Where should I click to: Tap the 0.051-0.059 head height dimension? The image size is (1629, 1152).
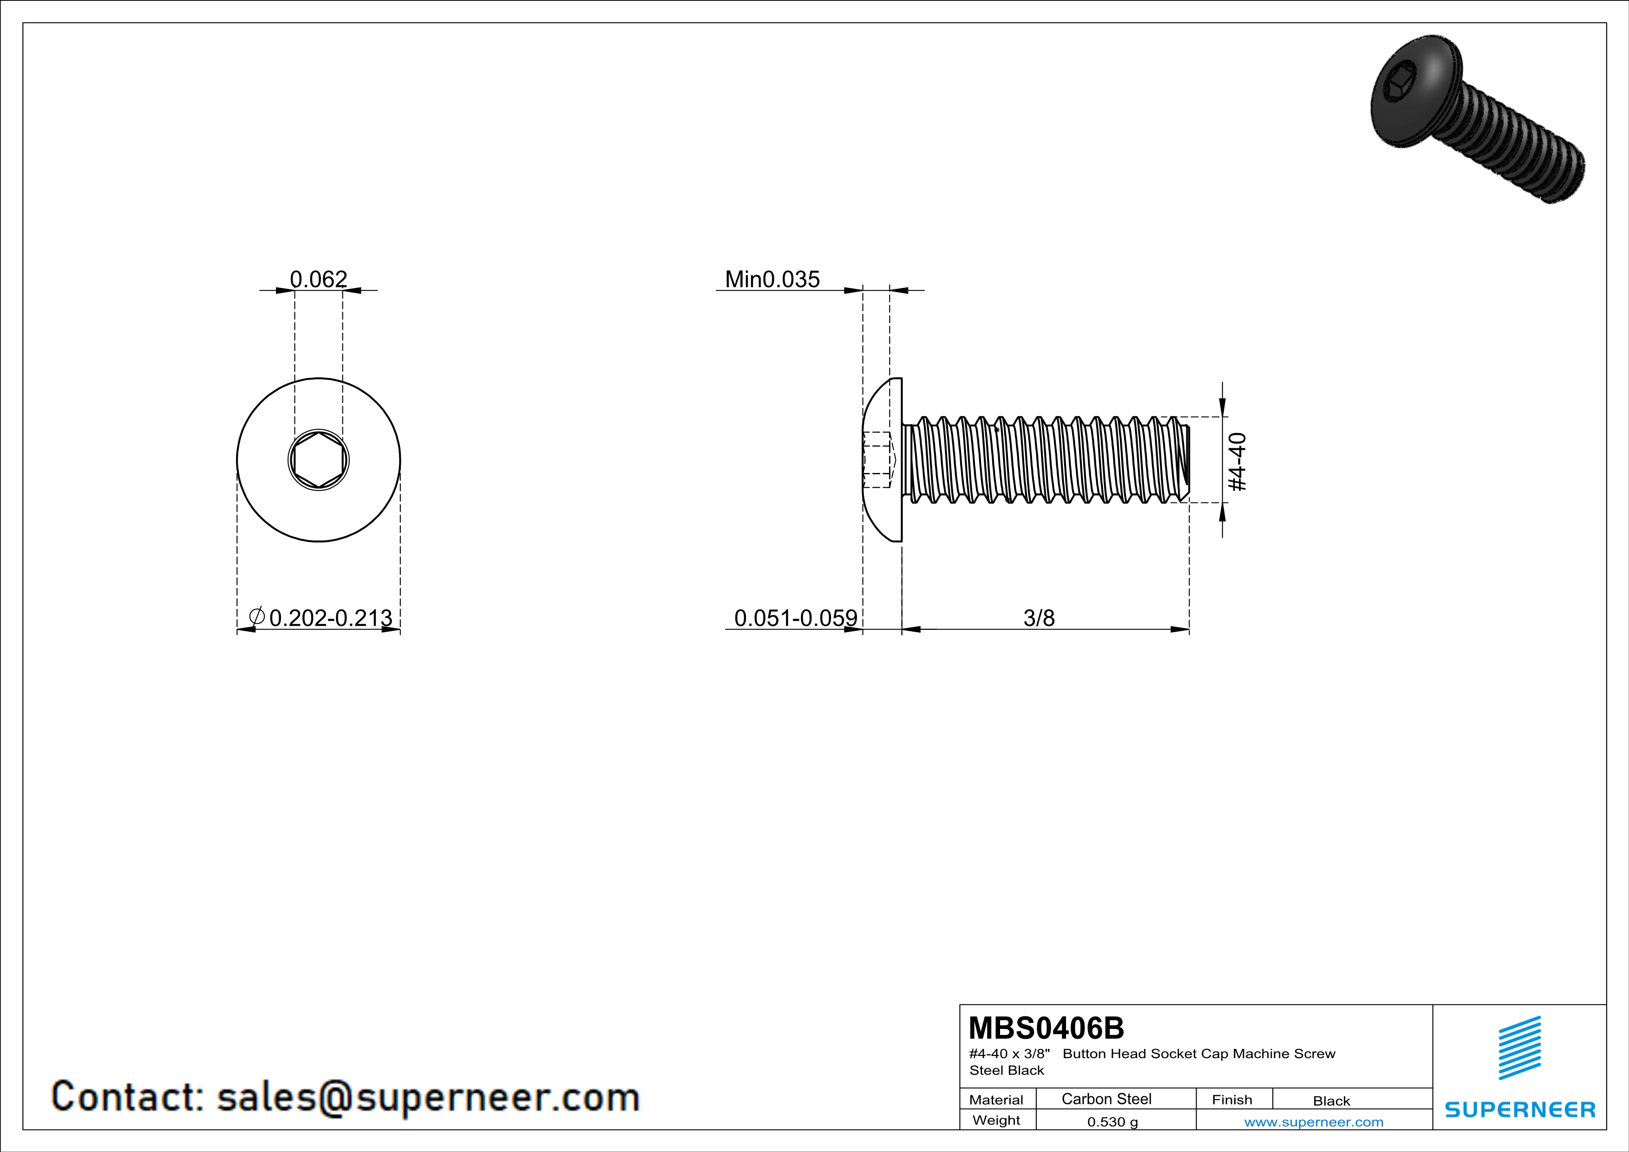(x=795, y=618)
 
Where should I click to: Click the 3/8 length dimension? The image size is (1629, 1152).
(x=1039, y=618)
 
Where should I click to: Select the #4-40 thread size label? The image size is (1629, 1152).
(x=1236, y=461)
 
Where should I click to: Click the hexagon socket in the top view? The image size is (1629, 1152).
(x=319, y=460)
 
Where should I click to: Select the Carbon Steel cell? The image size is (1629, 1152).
(x=1106, y=1099)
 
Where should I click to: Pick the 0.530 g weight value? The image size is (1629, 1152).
(x=1112, y=1121)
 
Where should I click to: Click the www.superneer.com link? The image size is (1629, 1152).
(x=1313, y=1121)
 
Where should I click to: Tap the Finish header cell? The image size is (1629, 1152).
(x=1232, y=1100)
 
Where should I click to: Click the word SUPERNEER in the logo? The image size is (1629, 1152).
(x=1520, y=1109)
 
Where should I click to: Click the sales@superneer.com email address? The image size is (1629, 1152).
(x=428, y=1097)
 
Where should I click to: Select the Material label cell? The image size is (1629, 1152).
(x=996, y=1100)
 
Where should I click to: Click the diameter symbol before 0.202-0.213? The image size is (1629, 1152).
(x=257, y=616)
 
